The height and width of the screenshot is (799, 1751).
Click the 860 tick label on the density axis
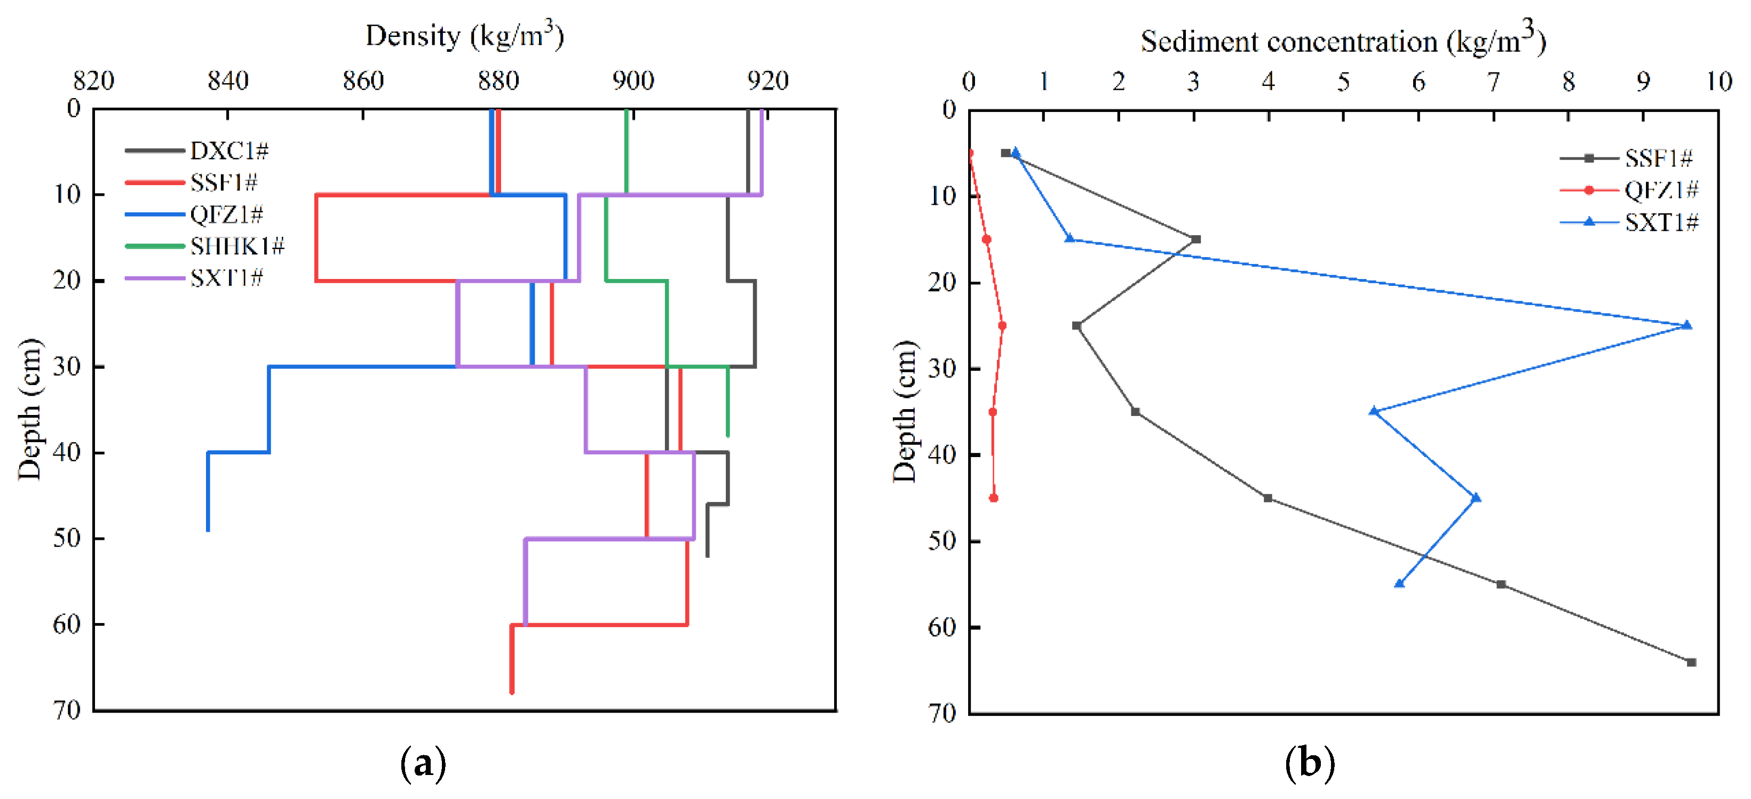[x=363, y=81]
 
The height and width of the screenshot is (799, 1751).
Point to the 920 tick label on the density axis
[x=767, y=81]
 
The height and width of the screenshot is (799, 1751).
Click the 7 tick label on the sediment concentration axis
[x=1493, y=82]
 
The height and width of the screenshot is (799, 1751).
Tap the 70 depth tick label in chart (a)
[x=67, y=710]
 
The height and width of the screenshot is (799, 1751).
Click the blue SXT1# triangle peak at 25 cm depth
[x=1686, y=325]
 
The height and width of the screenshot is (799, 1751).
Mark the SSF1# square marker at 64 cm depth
[x=1691, y=662]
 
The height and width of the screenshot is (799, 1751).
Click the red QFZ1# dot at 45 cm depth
[x=993, y=498]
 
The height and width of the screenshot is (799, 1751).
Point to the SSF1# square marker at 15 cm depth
[x=1195, y=239]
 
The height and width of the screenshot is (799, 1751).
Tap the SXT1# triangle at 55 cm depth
[x=1399, y=584]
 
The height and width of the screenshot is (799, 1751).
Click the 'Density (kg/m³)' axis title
[x=464, y=35]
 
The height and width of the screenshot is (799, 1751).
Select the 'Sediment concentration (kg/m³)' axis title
[x=1343, y=39]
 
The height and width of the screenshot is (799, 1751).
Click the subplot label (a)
[x=423, y=764]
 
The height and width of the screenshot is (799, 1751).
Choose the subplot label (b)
[x=1309, y=764]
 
